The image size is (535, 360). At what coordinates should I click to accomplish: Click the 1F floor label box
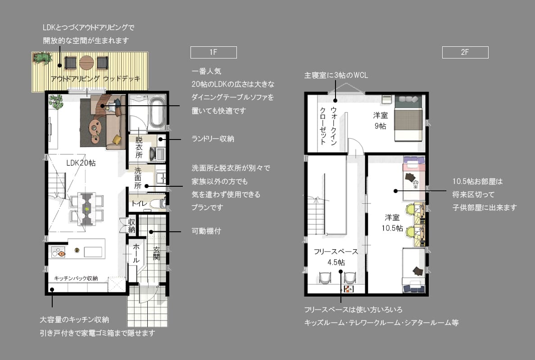[x=213, y=52]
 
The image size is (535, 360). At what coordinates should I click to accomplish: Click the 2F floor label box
[x=465, y=52]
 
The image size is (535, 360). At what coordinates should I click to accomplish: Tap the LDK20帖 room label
[x=81, y=163]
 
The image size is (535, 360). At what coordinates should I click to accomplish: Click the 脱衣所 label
[x=139, y=147]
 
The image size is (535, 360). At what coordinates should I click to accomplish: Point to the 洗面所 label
[x=137, y=178]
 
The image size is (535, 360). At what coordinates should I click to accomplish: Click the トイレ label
[x=139, y=203]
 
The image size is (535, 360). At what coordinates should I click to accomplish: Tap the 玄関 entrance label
[x=156, y=253]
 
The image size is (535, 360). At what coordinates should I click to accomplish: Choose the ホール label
[x=136, y=252]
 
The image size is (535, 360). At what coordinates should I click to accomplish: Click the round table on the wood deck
[x=86, y=63]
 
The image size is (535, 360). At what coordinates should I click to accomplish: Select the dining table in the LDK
[x=86, y=209]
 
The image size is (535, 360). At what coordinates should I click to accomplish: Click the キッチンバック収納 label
[x=76, y=278]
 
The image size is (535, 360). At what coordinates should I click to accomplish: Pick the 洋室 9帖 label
[x=381, y=121]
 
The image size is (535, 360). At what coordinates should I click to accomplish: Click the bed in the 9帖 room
[x=409, y=118]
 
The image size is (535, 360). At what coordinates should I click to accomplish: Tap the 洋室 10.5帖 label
[x=392, y=223]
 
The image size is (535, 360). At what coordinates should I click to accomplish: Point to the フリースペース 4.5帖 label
[x=336, y=256]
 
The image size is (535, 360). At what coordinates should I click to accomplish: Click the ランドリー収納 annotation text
[x=213, y=139]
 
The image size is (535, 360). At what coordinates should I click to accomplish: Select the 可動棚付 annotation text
[x=206, y=231]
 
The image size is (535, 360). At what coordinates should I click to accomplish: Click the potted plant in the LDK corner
[x=56, y=102]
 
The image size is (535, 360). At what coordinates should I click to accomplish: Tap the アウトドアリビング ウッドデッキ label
[x=95, y=79]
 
